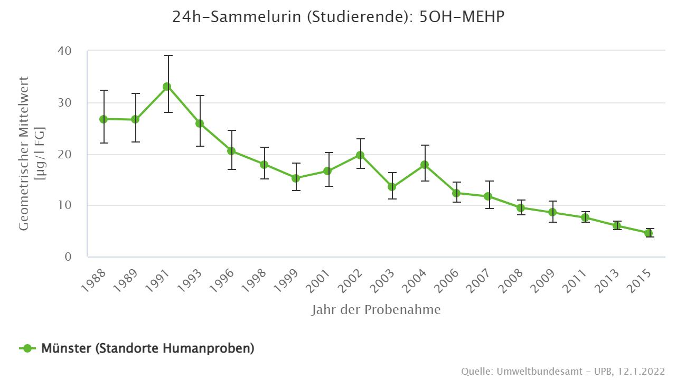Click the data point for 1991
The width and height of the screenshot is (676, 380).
[167, 87]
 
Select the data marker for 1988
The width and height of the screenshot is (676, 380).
[104, 119]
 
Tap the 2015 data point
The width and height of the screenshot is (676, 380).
[649, 233]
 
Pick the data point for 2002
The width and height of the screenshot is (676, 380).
[360, 155]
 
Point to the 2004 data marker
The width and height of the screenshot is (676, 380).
[424, 165]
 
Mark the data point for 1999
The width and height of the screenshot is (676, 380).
[296, 178]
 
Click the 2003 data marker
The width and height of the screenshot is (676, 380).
[392, 187]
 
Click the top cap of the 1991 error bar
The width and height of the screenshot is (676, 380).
[167, 55]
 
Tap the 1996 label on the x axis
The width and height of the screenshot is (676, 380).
[223, 281]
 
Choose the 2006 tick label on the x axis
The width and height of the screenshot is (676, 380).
[448, 281]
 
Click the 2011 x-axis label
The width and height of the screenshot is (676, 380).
[576, 281]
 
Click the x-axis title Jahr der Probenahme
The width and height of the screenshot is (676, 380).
[375, 310]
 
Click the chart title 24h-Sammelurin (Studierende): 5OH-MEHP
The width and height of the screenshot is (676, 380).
[338, 17]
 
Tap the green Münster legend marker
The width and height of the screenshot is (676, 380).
[27, 348]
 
